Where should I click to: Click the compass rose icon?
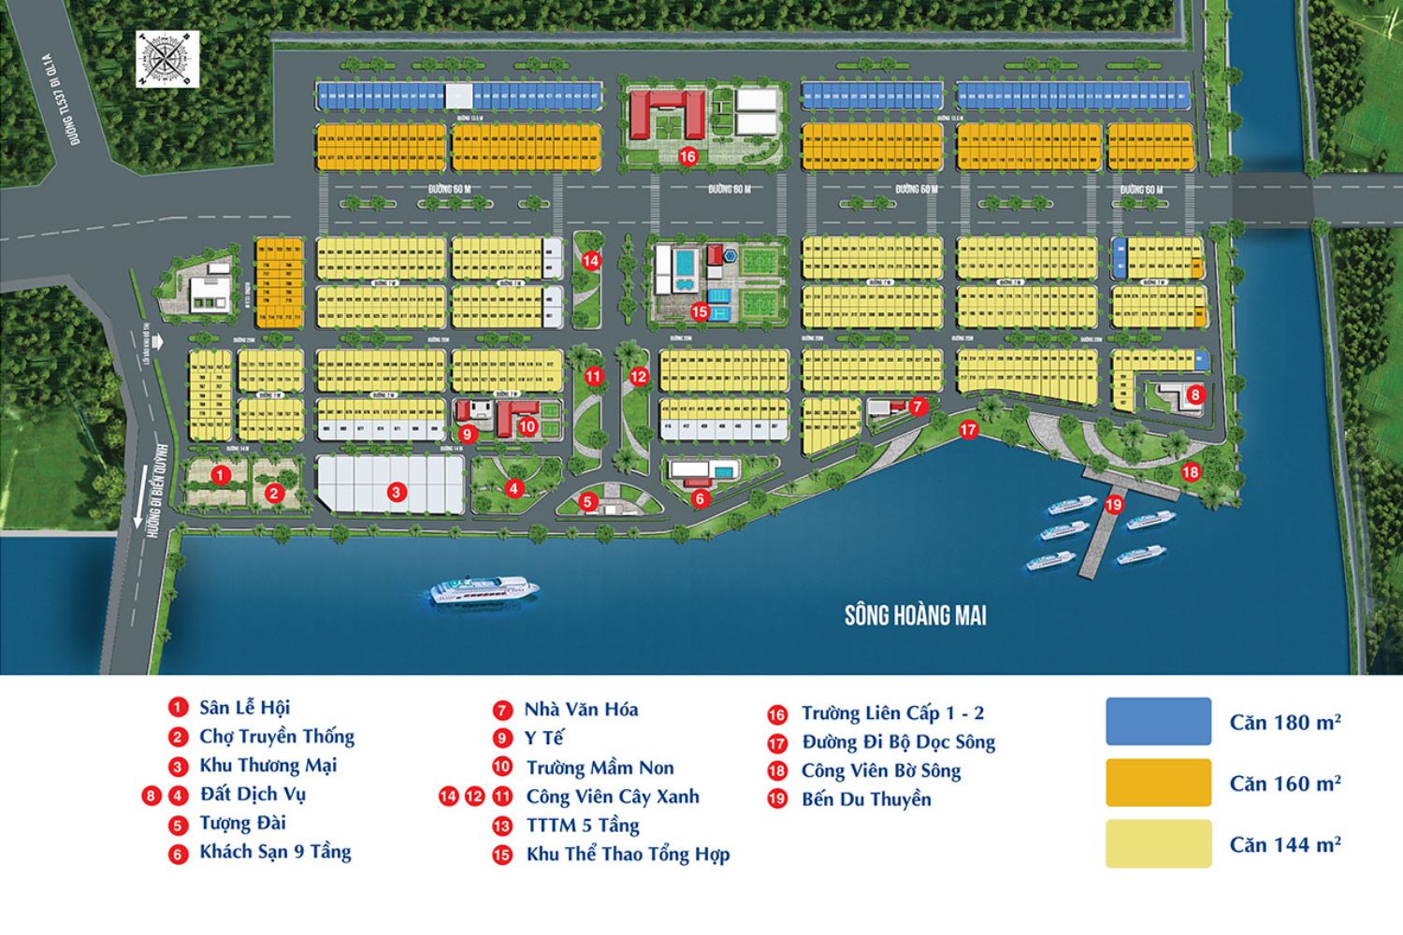point(167,59)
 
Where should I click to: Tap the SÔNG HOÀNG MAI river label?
point(915,615)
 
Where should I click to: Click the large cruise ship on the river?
point(485,588)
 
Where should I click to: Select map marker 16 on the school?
point(687,156)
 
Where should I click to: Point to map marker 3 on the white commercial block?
point(397,492)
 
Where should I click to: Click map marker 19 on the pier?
point(1113,505)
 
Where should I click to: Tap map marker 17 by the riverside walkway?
point(968,429)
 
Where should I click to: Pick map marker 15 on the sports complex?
point(700,312)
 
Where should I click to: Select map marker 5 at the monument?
point(587,501)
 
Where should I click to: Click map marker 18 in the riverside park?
point(1190,472)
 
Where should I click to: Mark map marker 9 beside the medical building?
point(468,434)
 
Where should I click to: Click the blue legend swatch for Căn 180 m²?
point(1158,721)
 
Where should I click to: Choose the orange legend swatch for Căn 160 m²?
point(1158,783)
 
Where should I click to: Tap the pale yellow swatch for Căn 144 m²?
point(1158,843)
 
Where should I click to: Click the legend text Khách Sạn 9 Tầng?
point(275,852)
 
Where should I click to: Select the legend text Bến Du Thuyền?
point(866,799)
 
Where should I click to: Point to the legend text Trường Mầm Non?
point(600,768)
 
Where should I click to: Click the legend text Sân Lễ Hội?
point(244,708)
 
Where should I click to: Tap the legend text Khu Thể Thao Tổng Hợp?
point(628,855)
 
